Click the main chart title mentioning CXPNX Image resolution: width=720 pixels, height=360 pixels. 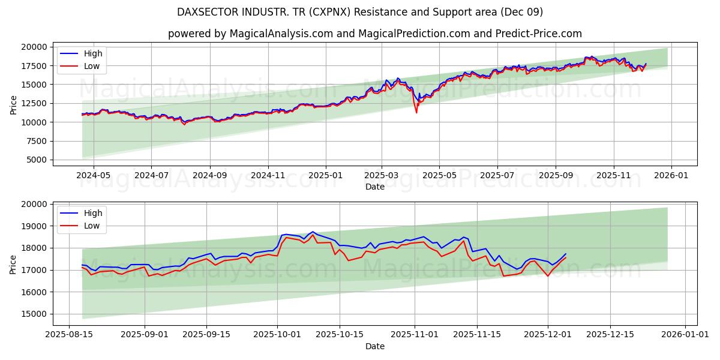click(x=360, y=12)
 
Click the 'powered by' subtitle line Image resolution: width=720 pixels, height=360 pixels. click(x=374, y=34)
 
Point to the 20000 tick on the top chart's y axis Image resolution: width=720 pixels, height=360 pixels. click(x=34, y=47)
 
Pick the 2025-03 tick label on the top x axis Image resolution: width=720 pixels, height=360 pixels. click(x=382, y=175)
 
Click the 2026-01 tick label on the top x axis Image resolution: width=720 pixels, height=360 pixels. click(x=671, y=175)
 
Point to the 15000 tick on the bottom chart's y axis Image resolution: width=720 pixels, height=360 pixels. click(x=34, y=314)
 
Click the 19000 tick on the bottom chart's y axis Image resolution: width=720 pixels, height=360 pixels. click(x=34, y=226)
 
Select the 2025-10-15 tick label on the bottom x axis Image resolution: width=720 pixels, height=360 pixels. click(x=340, y=335)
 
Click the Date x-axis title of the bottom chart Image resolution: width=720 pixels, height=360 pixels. click(x=374, y=346)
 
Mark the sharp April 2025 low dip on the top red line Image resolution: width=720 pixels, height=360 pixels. click(x=416, y=112)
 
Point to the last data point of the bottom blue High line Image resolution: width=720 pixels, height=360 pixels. click(x=565, y=254)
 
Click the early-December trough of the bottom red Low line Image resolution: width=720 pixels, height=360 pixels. click(x=547, y=275)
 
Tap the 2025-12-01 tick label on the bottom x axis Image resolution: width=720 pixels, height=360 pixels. click(x=547, y=335)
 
